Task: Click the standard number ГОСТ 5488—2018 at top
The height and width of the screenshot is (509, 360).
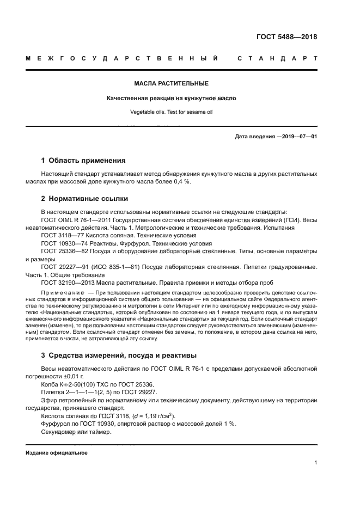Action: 286,38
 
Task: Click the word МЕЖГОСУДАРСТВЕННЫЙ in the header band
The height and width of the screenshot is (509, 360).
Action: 123,58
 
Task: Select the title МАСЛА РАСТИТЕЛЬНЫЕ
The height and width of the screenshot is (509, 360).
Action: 171,84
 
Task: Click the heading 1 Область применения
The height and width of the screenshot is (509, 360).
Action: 83,161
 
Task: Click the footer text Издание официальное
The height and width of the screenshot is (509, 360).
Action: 56,452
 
